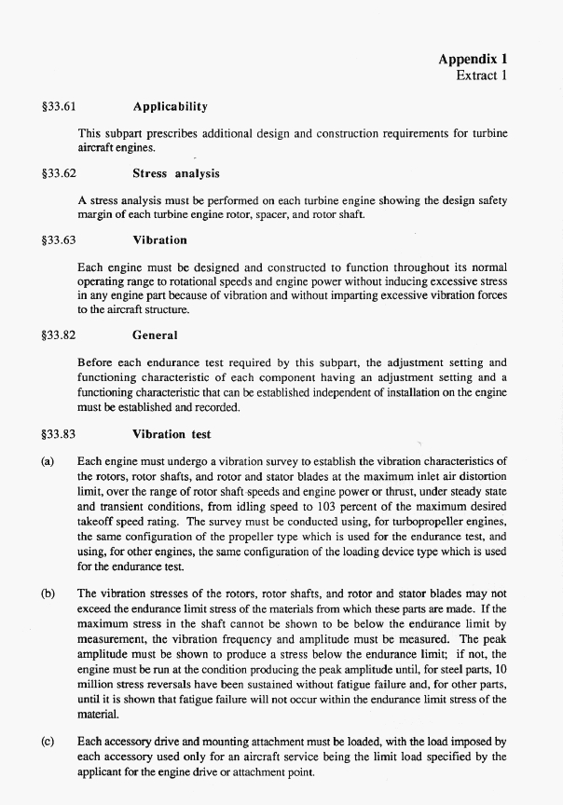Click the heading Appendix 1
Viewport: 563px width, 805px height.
pos(473,59)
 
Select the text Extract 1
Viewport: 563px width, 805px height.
pos(481,75)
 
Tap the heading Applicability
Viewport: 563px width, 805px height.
pos(170,107)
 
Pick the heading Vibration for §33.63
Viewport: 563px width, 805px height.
pos(159,239)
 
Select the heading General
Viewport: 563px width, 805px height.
pos(155,334)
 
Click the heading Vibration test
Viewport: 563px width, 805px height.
pos(172,434)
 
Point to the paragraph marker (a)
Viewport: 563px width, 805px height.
pos(48,460)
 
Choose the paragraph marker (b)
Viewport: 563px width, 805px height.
pos(48,593)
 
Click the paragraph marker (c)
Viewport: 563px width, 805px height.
pos(48,743)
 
